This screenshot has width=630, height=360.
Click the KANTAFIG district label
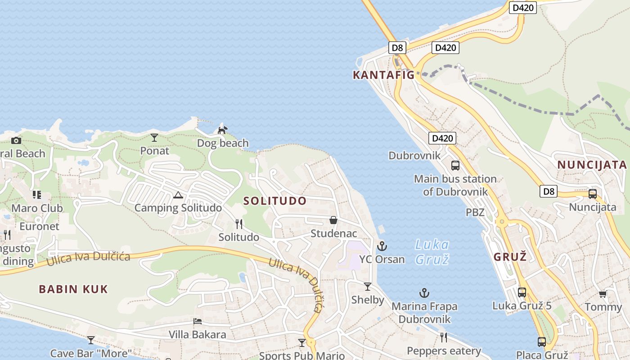tap(383, 75)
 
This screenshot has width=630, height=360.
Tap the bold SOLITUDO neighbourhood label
tap(275, 201)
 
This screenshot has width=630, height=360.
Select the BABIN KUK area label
tap(73, 289)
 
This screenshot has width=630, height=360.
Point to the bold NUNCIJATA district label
tap(592, 165)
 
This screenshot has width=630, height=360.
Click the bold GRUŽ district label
tap(510, 257)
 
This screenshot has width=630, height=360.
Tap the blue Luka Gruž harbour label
tap(432, 252)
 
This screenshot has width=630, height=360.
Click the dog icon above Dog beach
tap(222, 130)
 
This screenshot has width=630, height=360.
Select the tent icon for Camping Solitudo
tap(178, 195)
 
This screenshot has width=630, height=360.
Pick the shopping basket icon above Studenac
tap(333, 220)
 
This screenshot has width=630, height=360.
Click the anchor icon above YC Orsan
tap(382, 246)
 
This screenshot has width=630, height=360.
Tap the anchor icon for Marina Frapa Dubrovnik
tap(424, 293)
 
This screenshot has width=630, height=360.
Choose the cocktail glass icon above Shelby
tap(368, 287)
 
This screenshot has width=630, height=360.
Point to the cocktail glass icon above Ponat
tap(154, 137)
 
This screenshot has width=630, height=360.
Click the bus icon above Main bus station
tap(455, 165)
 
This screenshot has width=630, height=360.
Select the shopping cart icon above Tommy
tap(603, 294)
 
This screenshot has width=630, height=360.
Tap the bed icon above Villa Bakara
tap(197, 321)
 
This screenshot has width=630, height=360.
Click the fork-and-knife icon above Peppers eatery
tap(444, 337)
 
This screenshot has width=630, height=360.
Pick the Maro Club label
tap(37, 208)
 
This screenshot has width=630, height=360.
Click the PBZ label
tap(475, 212)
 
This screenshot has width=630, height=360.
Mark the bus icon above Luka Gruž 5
tap(522, 292)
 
